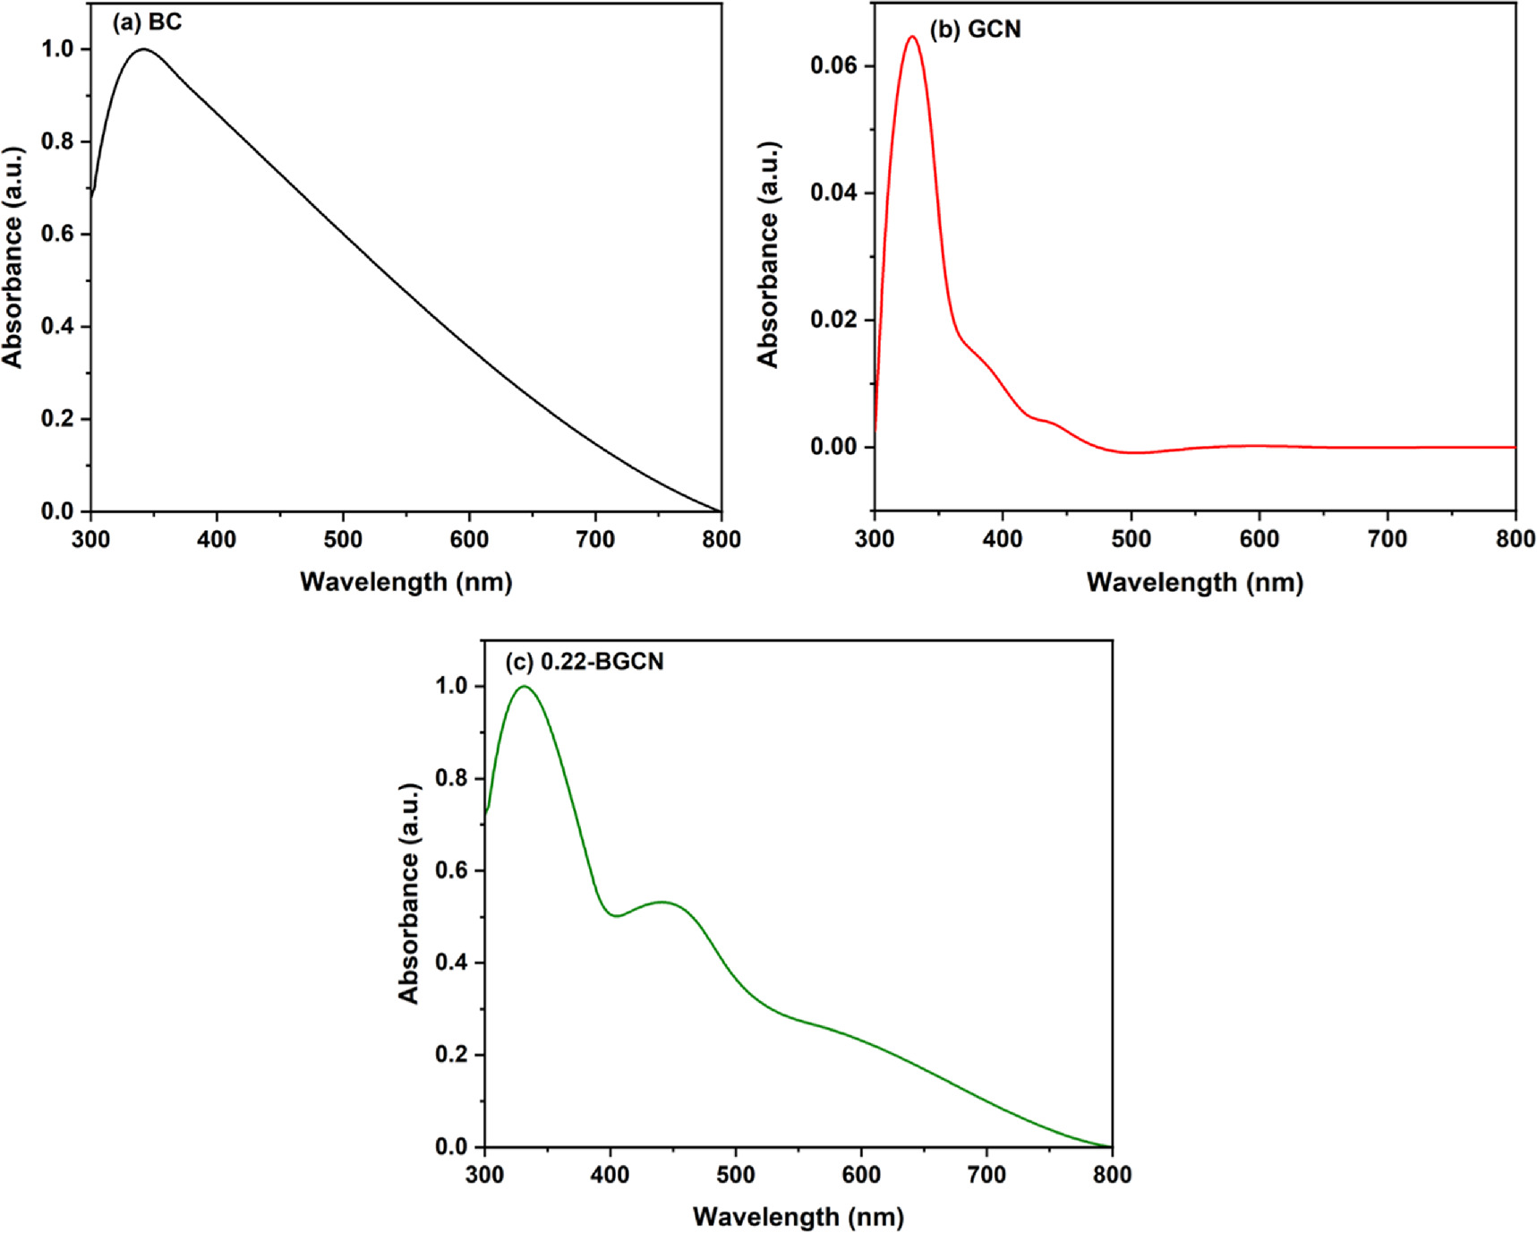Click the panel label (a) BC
point(146,22)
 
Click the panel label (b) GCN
point(975,30)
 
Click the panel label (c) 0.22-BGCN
point(585,662)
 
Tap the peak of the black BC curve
point(143,49)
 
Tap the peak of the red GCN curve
point(912,37)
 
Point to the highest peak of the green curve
point(524,687)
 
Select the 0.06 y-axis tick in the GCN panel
point(833,65)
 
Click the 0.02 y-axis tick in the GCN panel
point(833,320)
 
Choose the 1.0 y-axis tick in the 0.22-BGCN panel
point(452,686)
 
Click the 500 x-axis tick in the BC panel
point(343,539)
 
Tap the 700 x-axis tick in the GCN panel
point(1388,539)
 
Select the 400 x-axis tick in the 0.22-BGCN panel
point(611,1174)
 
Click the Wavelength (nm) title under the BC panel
point(406,582)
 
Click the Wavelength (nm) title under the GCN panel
point(1194,583)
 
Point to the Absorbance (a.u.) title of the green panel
point(409,893)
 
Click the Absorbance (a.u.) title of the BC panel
point(13,257)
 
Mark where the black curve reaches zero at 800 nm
point(720,511)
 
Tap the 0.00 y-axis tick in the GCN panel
point(833,447)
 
